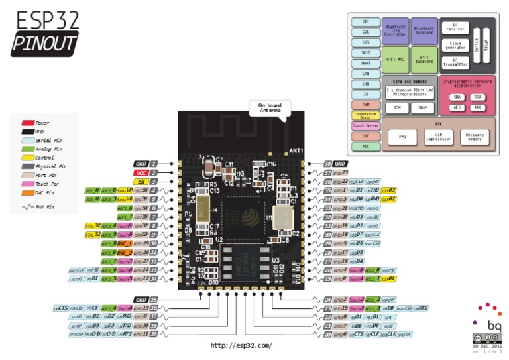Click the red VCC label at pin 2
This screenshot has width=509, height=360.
[141, 172]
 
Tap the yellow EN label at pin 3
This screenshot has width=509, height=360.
[141, 181]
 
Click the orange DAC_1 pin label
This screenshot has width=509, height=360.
[125, 243]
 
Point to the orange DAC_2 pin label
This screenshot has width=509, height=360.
[125, 253]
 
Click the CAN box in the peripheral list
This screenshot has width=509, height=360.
[366, 74]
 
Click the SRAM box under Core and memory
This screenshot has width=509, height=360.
[422, 107]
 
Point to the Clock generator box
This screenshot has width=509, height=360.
[455, 45]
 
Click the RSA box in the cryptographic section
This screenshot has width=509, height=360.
[479, 96]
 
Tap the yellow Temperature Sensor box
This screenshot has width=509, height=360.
[366, 115]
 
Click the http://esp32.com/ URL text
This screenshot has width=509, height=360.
[241, 345]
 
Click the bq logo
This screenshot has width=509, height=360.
[494, 325]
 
